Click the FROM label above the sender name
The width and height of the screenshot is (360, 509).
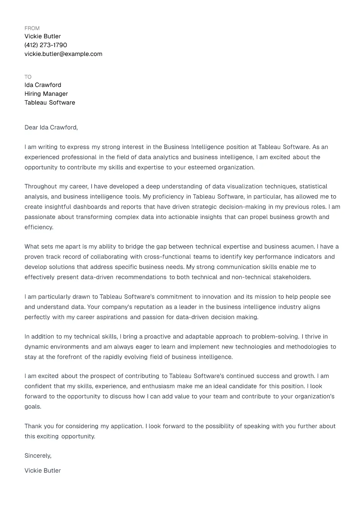point(32,28)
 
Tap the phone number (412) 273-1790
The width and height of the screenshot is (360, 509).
point(46,45)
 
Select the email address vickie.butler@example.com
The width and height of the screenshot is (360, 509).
point(63,54)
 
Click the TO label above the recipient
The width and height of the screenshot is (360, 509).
point(28,77)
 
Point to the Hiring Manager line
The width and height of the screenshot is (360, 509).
point(46,94)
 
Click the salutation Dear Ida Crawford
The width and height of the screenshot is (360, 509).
point(51,128)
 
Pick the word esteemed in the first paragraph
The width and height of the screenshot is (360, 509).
point(202,167)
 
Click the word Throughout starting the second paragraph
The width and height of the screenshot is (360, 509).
point(41,187)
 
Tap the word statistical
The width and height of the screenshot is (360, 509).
point(313,187)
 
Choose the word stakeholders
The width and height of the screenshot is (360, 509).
point(291,277)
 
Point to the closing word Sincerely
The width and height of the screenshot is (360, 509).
point(38,456)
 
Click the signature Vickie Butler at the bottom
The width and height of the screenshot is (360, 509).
point(43,471)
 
